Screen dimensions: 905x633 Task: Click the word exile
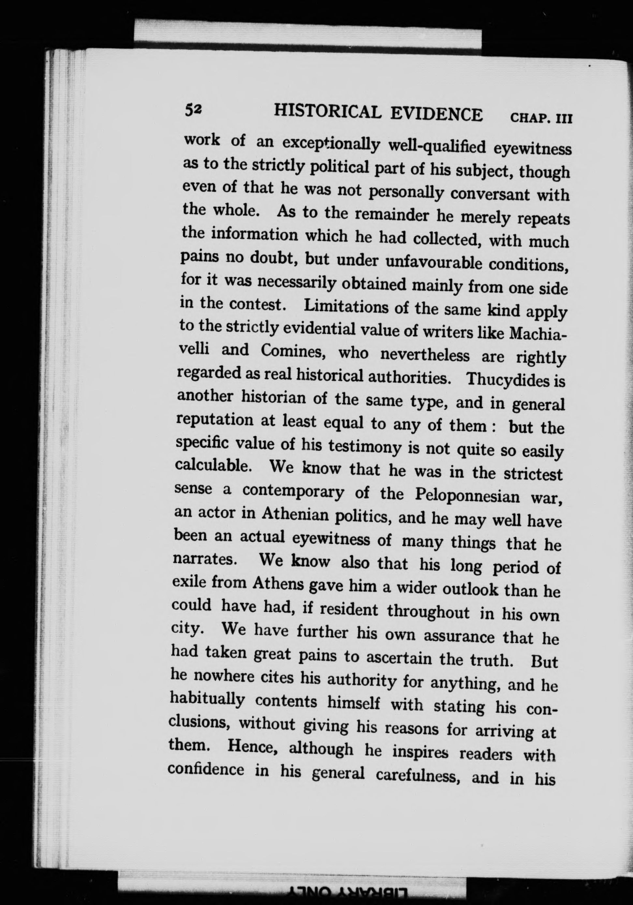(188, 581)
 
